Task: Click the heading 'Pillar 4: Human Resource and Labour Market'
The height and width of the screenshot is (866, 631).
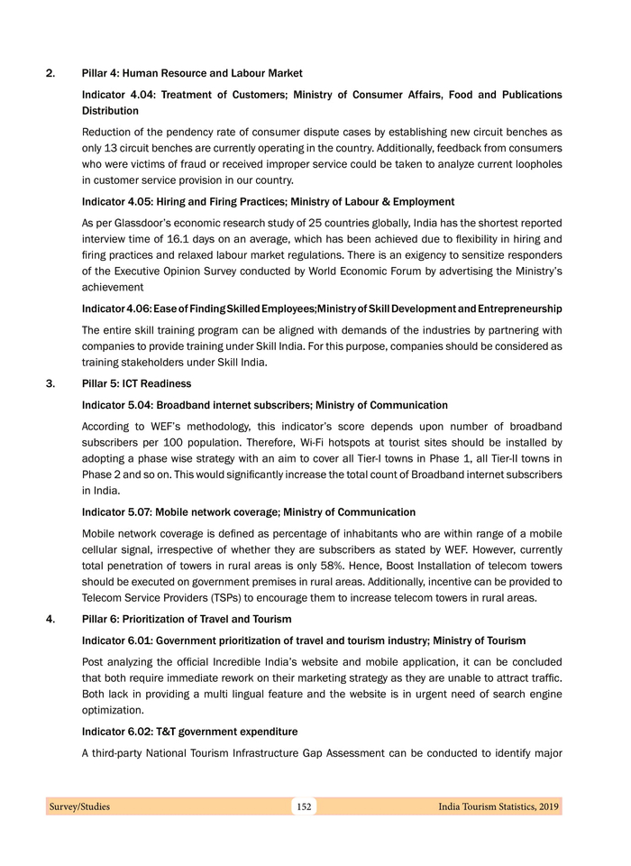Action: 192,73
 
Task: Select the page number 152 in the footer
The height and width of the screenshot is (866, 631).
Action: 304,806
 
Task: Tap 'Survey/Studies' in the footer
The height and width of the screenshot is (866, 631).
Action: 79,806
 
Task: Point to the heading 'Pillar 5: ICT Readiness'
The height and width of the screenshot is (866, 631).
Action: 136,384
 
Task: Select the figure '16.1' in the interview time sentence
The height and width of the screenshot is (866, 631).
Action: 180,239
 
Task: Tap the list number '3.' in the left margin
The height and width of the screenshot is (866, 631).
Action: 51,384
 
